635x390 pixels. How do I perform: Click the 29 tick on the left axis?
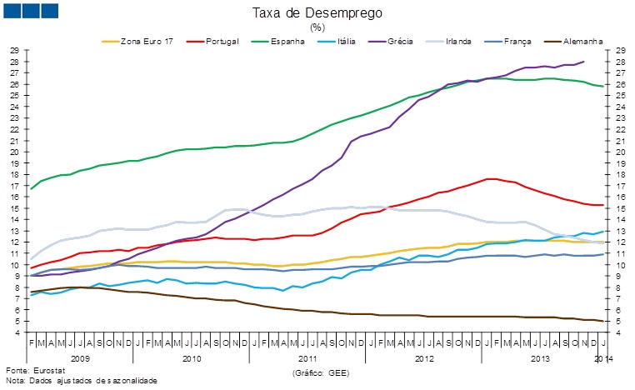point(15,50)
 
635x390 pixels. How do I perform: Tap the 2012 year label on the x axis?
point(423,357)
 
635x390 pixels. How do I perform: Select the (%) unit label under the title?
point(317,27)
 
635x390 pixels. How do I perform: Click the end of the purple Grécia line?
point(583,62)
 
